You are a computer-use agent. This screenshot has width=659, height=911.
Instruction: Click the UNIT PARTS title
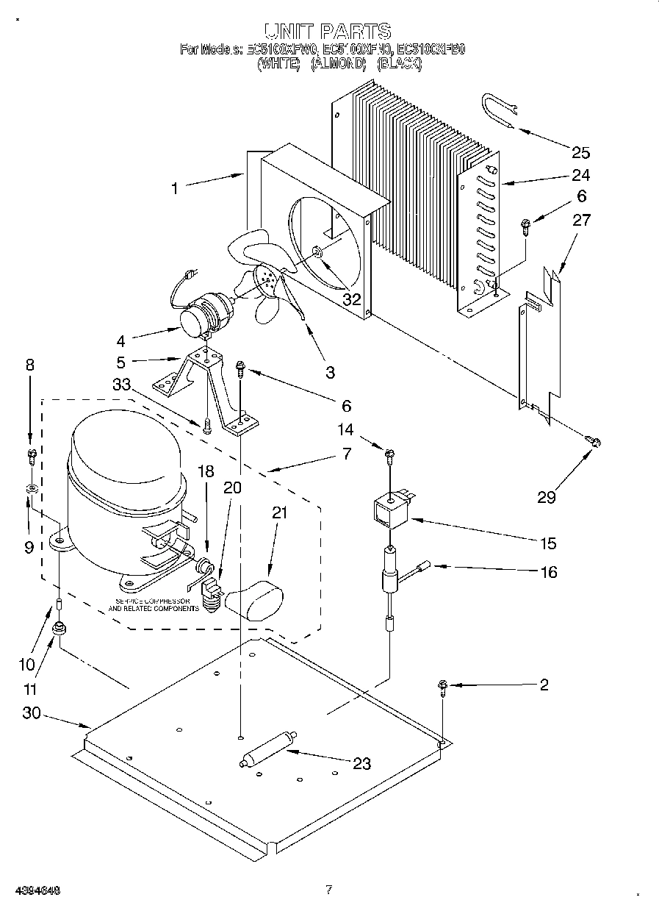tap(327, 31)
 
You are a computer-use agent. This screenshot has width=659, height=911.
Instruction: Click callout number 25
tap(580, 152)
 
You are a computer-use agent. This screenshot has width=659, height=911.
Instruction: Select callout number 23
tap(361, 763)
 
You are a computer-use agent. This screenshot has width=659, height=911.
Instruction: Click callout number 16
tap(548, 572)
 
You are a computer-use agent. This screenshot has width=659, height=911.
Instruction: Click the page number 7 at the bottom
tap(328, 890)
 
